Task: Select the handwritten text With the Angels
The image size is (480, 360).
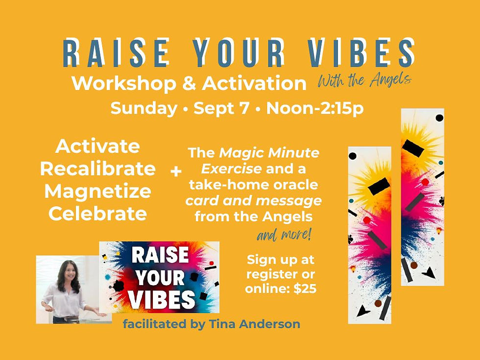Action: click(364, 79)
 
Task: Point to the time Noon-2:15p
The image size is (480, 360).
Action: click(314, 108)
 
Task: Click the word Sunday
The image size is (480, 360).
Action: click(144, 108)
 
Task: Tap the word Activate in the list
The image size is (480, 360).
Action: click(97, 146)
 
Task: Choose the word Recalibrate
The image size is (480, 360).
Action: click(97, 169)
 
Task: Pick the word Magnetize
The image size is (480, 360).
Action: click(97, 192)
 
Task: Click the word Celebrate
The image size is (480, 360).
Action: click(97, 214)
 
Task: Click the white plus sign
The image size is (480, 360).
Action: click(175, 172)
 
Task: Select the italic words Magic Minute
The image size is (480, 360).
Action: click(269, 153)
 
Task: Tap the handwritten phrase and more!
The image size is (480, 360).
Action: click(284, 236)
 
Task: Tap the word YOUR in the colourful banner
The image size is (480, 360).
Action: click(159, 278)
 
